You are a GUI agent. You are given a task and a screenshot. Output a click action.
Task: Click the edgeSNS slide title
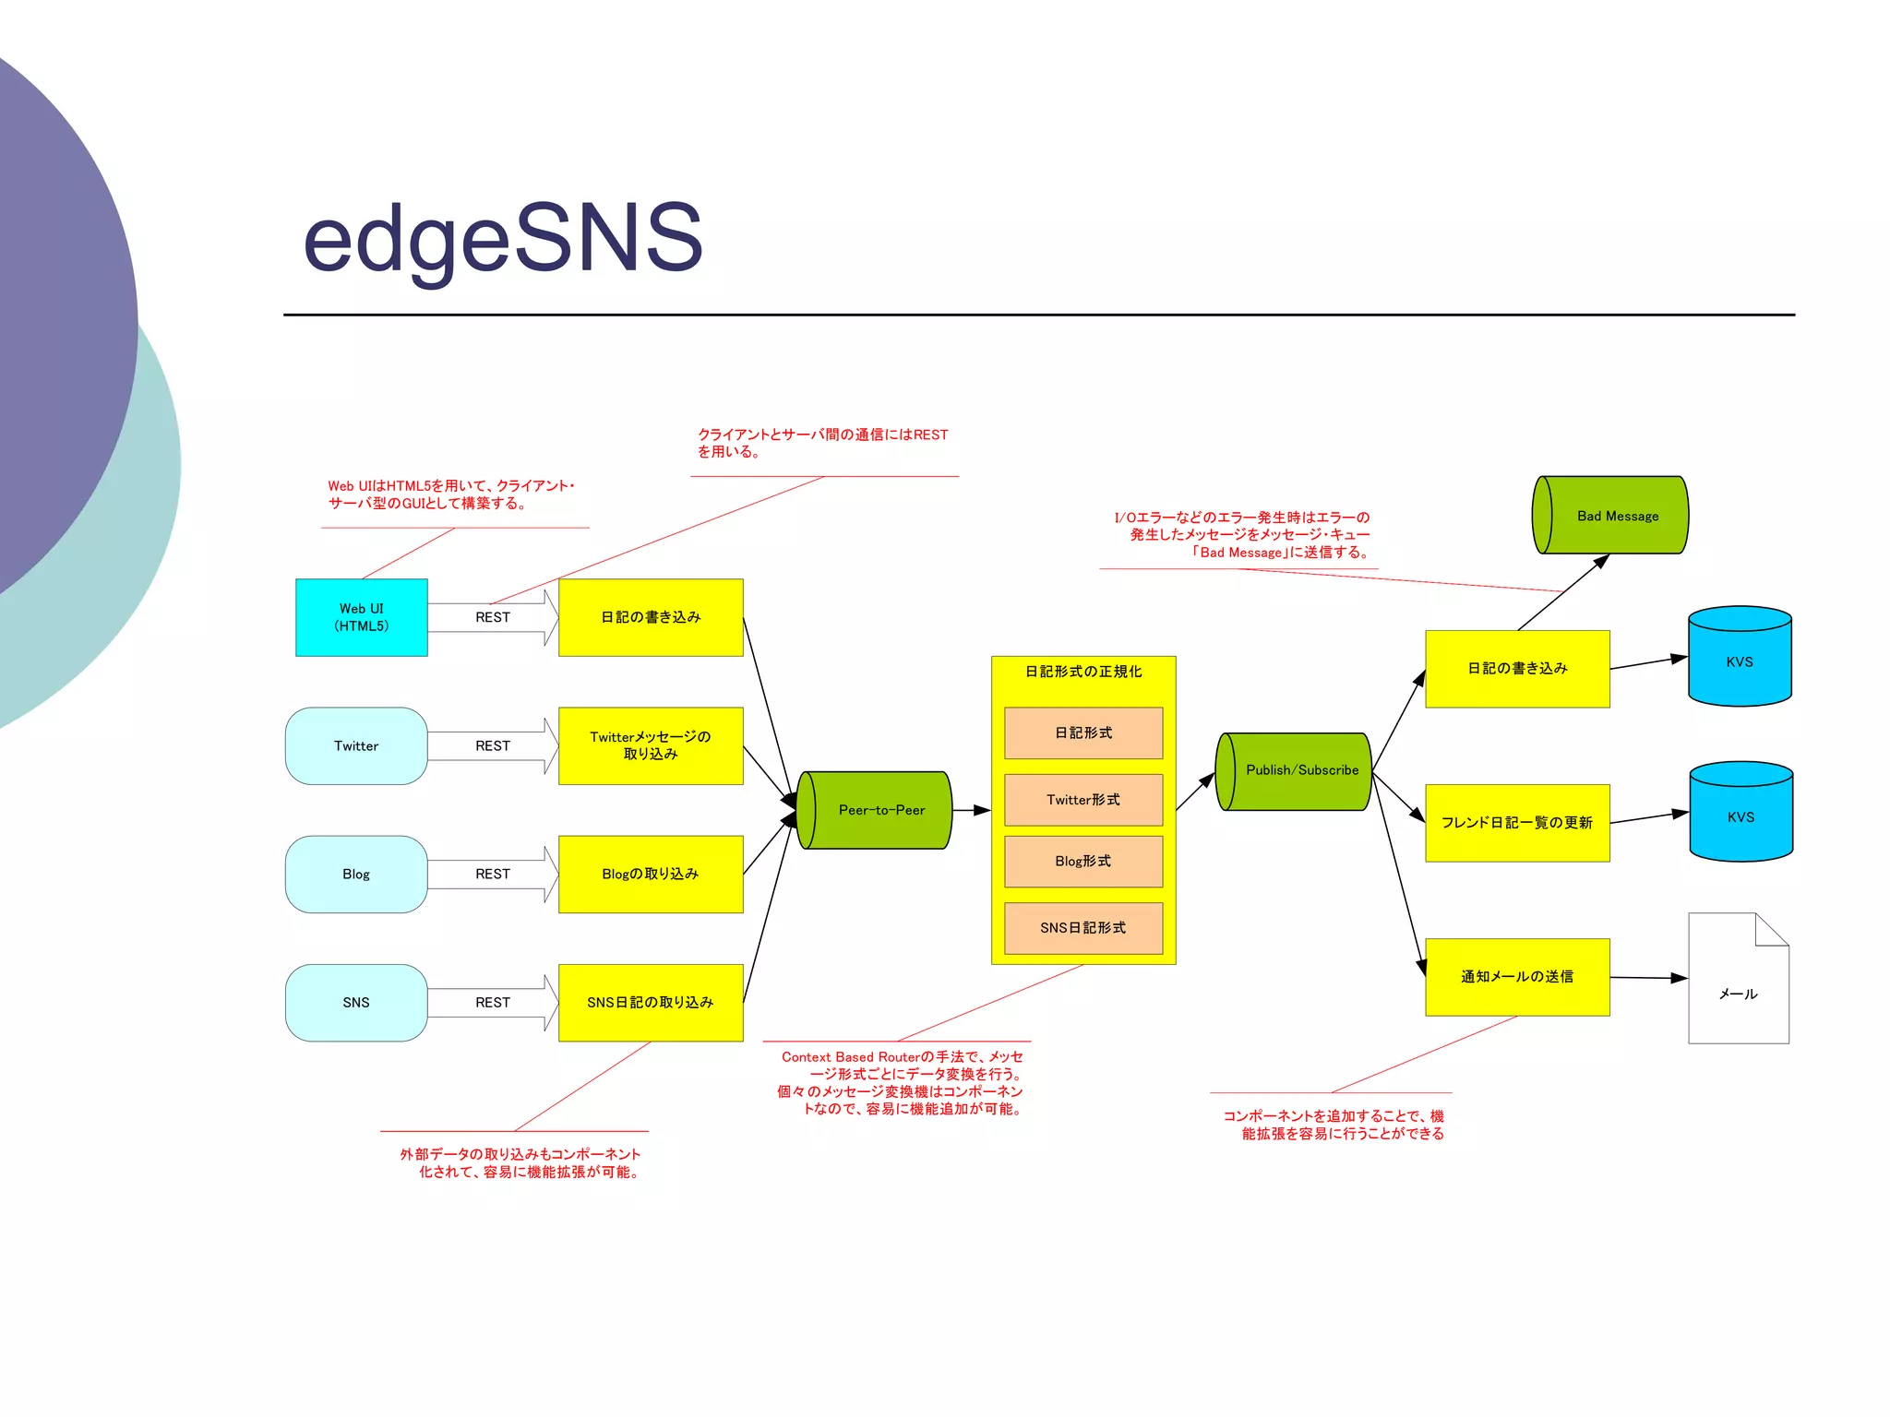503,238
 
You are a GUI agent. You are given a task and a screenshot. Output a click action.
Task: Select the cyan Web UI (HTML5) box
361,617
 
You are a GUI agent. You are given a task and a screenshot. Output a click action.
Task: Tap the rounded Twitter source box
356,745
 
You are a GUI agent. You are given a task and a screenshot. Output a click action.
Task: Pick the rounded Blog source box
356,874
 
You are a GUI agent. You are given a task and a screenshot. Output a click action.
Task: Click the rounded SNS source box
356,1002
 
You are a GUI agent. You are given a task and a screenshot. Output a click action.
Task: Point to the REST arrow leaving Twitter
493,745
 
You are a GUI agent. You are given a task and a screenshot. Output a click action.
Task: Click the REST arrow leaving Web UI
493,617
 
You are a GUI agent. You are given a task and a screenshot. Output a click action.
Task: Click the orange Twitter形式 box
1083,800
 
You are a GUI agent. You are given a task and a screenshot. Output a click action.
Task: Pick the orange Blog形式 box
1083,861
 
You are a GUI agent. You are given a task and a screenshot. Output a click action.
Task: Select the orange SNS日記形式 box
1083,927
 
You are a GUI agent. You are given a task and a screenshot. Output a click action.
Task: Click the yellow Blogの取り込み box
651,874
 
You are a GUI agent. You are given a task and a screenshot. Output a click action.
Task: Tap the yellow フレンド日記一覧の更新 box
1517,822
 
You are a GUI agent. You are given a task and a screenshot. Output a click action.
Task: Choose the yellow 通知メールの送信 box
1517,976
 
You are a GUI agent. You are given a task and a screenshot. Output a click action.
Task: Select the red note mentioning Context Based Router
901,1082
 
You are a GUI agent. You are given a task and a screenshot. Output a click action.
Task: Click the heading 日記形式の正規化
1083,672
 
